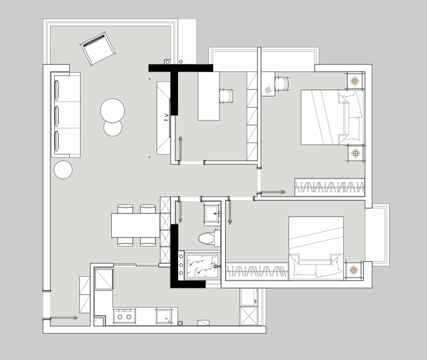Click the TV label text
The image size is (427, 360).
coord(167,117)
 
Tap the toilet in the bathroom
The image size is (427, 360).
coord(209,238)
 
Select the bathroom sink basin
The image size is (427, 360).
coord(212,213)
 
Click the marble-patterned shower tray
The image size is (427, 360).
coord(201,265)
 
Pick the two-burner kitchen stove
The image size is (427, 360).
coord(124,316)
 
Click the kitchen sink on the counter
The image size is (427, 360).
coord(164,316)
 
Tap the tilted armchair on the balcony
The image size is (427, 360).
coord(98,48)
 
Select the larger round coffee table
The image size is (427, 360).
coord(112,111)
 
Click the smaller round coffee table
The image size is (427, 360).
coord(113,128)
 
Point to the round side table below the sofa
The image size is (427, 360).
coord(63,170)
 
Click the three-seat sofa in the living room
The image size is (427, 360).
coord(66,115)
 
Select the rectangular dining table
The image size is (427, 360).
coord(136,225)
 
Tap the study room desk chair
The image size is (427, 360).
coord(226,96)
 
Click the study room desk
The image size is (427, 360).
coord(209,96)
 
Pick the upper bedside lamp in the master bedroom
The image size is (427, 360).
coord(354,81)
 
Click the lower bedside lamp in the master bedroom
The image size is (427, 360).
coord(355,153)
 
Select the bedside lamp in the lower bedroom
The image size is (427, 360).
coord(353,270)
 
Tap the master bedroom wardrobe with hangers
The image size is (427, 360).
coord(329,187)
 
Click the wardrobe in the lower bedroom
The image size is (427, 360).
coord(257,272)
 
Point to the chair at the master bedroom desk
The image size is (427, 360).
coord(282,83)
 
